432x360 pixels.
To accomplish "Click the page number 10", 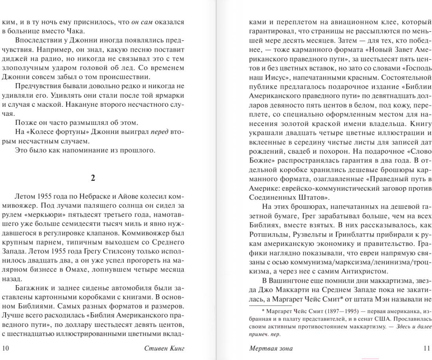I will (x=5, y=348).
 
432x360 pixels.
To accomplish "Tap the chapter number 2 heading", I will (x=93, y=178).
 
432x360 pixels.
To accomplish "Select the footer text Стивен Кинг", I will (x=164, y=348).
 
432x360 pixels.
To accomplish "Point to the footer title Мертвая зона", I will (x=271, y=348).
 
